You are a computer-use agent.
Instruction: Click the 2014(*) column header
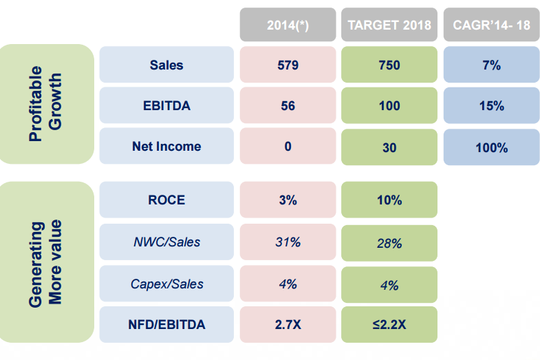(x=288, y=25)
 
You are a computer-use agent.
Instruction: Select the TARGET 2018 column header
(x=389, y=25)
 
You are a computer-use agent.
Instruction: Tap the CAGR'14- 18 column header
(x=491, y=25)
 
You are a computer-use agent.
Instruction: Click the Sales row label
(x=166, y=65)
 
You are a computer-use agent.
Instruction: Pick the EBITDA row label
(x=166, y=106)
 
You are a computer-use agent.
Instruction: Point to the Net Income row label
(x=166, y=147)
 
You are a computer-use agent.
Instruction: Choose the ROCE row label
(x=166, y=200)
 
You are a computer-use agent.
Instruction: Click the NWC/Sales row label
(x=166, y=242)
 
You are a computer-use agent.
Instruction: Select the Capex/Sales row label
(x=166, y=284)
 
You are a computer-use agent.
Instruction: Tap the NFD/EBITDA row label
(x=166, y=324)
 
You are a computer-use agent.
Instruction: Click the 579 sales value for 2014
(x=288, y=65)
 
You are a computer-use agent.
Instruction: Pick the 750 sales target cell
(x=389, y=65)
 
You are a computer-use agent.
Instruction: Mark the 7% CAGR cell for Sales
(x=491, y=65)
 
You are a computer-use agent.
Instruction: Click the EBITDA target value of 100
(x=389, y=106)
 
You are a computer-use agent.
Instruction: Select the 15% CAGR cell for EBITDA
(x=491, y=106)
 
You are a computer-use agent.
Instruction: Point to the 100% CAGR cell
(x=491, y=147)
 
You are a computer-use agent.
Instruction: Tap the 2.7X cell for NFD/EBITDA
(x=288, y=324)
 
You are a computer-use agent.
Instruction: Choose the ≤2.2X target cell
(x=389, y=324)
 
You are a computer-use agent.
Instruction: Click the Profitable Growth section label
(x=46, y=104)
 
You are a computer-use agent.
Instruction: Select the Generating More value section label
(x=46, y=262)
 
